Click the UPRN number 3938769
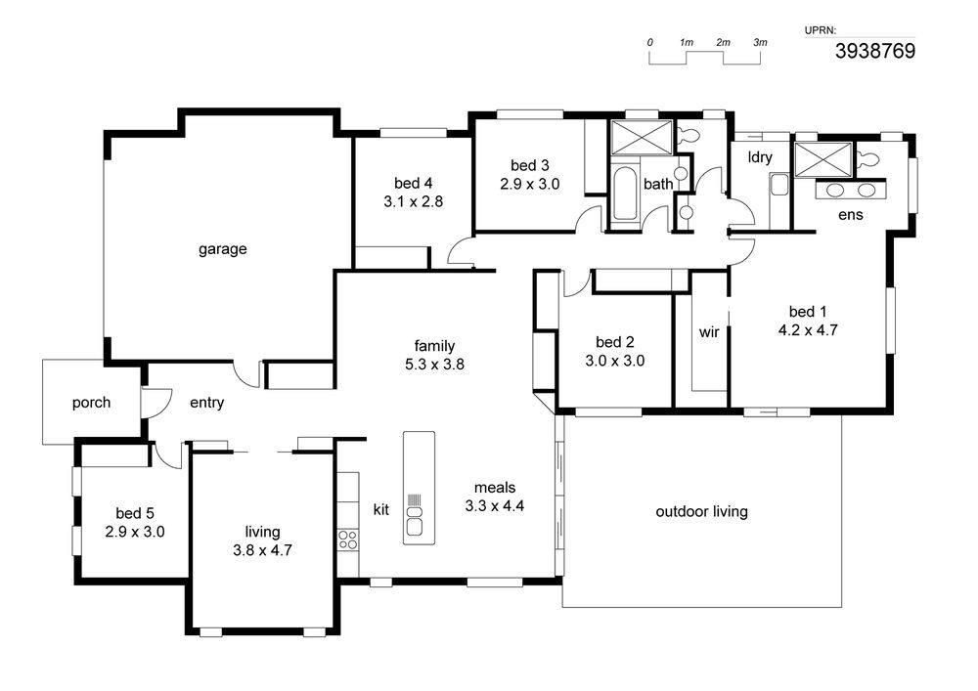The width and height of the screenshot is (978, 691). [x=875, y=51]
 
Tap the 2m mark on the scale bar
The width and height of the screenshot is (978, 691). [x=723, y=42]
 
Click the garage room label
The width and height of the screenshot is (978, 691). [x=223, y=249]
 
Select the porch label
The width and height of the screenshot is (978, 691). [x=91, y=403]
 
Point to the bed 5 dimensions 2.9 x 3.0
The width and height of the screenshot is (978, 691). [x=135, y=532]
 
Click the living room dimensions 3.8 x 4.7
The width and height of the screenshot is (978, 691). [x=262, y=550]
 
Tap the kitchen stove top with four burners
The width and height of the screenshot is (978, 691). [x=348, y=540]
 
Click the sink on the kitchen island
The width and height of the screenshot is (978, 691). [x=414, y=520]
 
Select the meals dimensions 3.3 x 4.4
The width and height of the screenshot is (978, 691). [x=495, y=505]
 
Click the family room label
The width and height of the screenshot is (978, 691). [x=435, y=346]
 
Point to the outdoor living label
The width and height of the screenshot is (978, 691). [x=701, y=511]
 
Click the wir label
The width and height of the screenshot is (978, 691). [x=709, y=332]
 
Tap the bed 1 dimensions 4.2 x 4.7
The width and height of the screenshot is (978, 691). [x=808, y=329]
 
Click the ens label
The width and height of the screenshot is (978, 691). [x=851, y=215]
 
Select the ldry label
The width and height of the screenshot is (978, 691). [x=760, y=157]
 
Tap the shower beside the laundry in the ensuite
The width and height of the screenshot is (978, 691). [x=823, y=159]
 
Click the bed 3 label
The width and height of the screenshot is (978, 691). [x=529, y=165]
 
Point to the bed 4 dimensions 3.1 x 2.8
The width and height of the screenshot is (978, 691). [x=414, y=201]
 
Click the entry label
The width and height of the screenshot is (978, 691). [x=207, y=403]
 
